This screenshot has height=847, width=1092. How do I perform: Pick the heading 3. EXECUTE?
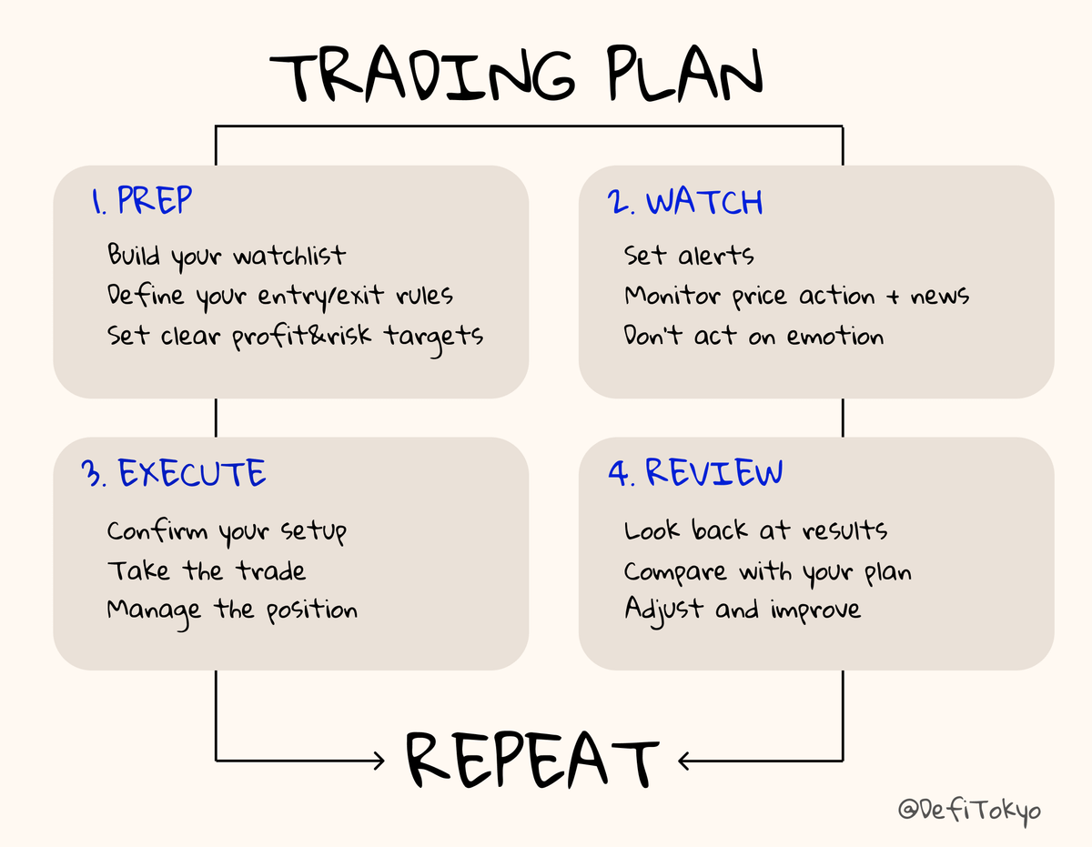(x=173, y=474)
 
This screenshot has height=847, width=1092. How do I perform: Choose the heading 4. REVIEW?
(x=695, y=473)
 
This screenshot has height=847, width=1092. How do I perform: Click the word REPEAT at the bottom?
(x=531, y=759)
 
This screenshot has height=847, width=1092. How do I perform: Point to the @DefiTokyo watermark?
(x=970, y=809)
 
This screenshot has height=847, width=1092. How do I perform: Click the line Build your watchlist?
(x=226, y=256)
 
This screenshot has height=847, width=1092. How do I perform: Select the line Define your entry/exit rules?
(x=279, y=296)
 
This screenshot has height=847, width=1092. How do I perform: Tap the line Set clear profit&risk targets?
(x=295, y=336)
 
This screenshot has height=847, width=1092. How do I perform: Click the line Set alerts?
(x=689, y=256)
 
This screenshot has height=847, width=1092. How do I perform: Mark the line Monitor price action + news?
(x=796, y=296)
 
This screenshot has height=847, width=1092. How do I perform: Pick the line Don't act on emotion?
(x=753, y=336)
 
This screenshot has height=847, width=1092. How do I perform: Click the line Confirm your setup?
(x=227, y=530)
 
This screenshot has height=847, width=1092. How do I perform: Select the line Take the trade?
(x=206, y=570)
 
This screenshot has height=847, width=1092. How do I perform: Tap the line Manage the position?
(x=232, y=610)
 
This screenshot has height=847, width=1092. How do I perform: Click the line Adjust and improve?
(x=742, y=610)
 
